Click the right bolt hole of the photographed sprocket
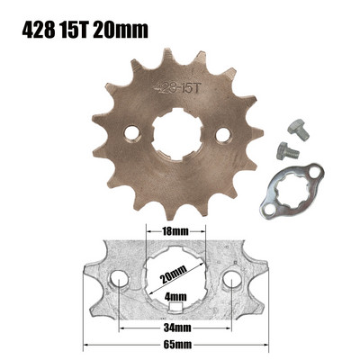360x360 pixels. click(222, 134)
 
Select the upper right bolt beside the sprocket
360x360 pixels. click(298, 130)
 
